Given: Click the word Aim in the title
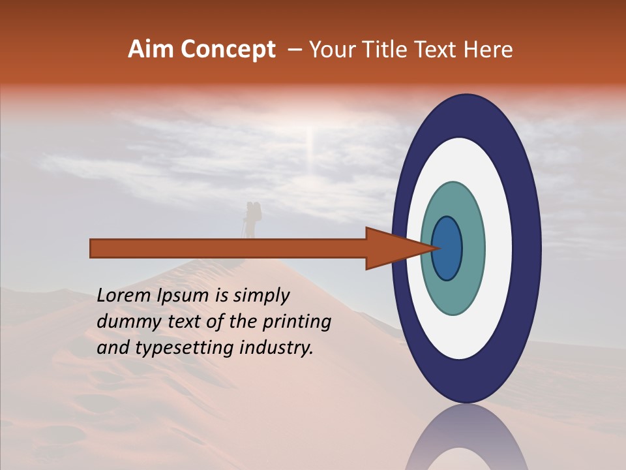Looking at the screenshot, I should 149,50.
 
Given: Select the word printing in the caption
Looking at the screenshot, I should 297,322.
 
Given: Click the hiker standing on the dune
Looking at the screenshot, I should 252,219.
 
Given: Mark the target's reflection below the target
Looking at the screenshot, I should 467,441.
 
